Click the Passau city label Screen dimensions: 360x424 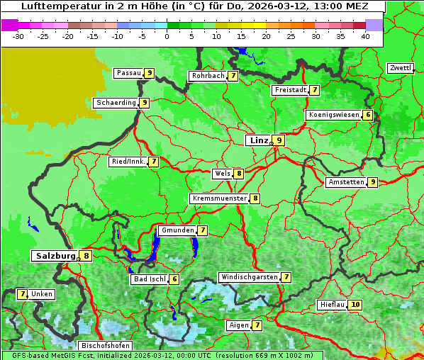point(128,73)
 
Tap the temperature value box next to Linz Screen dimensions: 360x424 point(279,140)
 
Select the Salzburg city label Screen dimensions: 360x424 point(55,256)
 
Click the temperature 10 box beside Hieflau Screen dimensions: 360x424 point(355,305)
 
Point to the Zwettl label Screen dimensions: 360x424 point(400,68)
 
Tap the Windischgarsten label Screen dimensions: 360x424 point(248,277)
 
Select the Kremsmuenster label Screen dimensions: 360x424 point(218,198)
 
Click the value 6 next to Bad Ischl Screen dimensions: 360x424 point(174,279)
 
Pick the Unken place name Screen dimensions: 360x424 point(42,294)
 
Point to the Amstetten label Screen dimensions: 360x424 point(345,182)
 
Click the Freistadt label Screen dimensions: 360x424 point(289,90)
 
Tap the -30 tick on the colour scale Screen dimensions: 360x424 point(18,35)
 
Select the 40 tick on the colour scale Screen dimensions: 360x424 point(364,35)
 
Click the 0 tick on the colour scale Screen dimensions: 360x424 point(167,35)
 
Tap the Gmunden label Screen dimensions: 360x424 point(177,230)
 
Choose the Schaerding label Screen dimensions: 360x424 point(116,103)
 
